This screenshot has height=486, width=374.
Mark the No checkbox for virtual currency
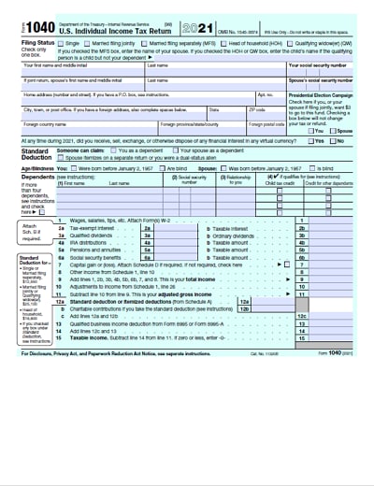335,141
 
